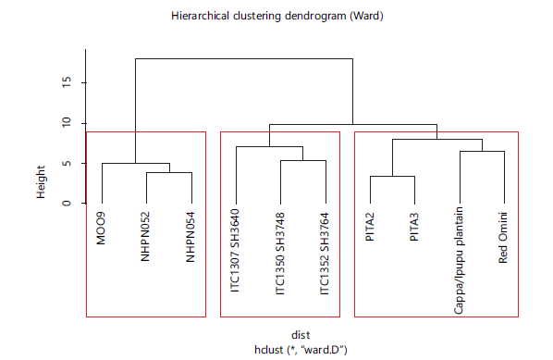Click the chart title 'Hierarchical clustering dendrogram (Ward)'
[277, 17]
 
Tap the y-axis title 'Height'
[41, 182]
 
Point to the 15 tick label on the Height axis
[66, 82]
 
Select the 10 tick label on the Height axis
[66, 123]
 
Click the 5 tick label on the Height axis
[66, 164]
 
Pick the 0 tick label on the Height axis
[66, 204]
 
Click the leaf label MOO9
[101, 229]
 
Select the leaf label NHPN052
[145, 237]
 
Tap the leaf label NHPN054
[190, 237]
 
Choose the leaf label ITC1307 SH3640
[235, 251]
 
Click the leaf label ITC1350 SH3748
[279, 254]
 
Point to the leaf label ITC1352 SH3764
[325, 254]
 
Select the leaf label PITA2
[370, 227]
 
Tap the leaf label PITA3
[414, 227]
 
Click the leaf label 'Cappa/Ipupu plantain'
[459, 260]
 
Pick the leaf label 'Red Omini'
[503, 238]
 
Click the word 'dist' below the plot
[301, 335]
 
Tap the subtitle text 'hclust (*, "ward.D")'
[301, 350]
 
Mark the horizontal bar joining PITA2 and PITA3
[392, 176]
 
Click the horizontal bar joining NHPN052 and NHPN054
[169, 172]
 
